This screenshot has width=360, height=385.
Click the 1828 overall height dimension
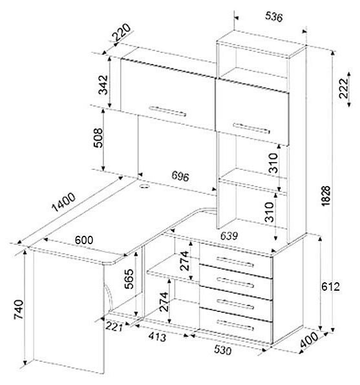[x=326, y=196]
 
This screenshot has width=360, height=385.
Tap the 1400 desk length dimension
[x=63, y=202]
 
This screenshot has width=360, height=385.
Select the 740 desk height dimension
[x=19, y=309]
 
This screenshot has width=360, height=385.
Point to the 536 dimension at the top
[x=274, y=17]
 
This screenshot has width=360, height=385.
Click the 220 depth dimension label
[x=122, y=32]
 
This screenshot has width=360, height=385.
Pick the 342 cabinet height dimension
[x=103, y=85]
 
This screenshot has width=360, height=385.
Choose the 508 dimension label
[x=98, y=138]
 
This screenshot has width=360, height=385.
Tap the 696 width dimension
[x=180, y=176]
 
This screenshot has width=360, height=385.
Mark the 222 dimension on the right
[x=344, y=88]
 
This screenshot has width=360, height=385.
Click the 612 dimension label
[x=331, y=287]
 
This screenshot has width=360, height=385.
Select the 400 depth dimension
[x=309, y=340]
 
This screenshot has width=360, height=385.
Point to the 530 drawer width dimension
[x=222, y=349]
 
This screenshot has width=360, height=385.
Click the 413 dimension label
[x=157, y=337]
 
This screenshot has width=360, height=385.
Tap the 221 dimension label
[x=114, y=327]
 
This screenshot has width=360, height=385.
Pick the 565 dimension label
[x=129, y=279]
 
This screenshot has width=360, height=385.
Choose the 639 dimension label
[x=229, y=236]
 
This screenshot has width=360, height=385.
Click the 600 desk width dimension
[x=84, y=240]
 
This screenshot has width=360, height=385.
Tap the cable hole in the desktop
[x=145, y=186]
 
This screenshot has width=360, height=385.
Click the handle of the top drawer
[x=235, y=262]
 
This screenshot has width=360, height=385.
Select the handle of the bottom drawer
[x=235, y=325]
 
